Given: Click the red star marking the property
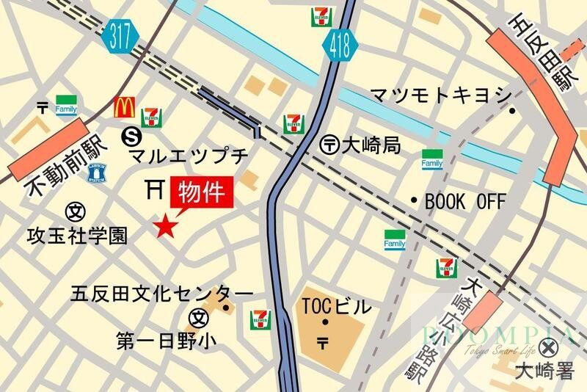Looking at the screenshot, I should click(x=165, y=226).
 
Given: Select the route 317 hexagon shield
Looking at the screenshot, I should click(x=120, y=37).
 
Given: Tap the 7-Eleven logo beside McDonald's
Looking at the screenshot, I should click(x=151, y=116).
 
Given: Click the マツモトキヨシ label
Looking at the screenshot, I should click(x=440, y=95).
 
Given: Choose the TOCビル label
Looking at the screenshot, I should click(x=337, y=307).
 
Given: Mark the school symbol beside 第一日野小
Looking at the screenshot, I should click(x=198, y=318).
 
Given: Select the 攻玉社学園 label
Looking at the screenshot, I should click(x=77, y=235).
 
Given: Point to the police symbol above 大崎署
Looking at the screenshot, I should click(x=547, y=347).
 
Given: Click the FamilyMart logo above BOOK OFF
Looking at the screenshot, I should click(x=432, y=158).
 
